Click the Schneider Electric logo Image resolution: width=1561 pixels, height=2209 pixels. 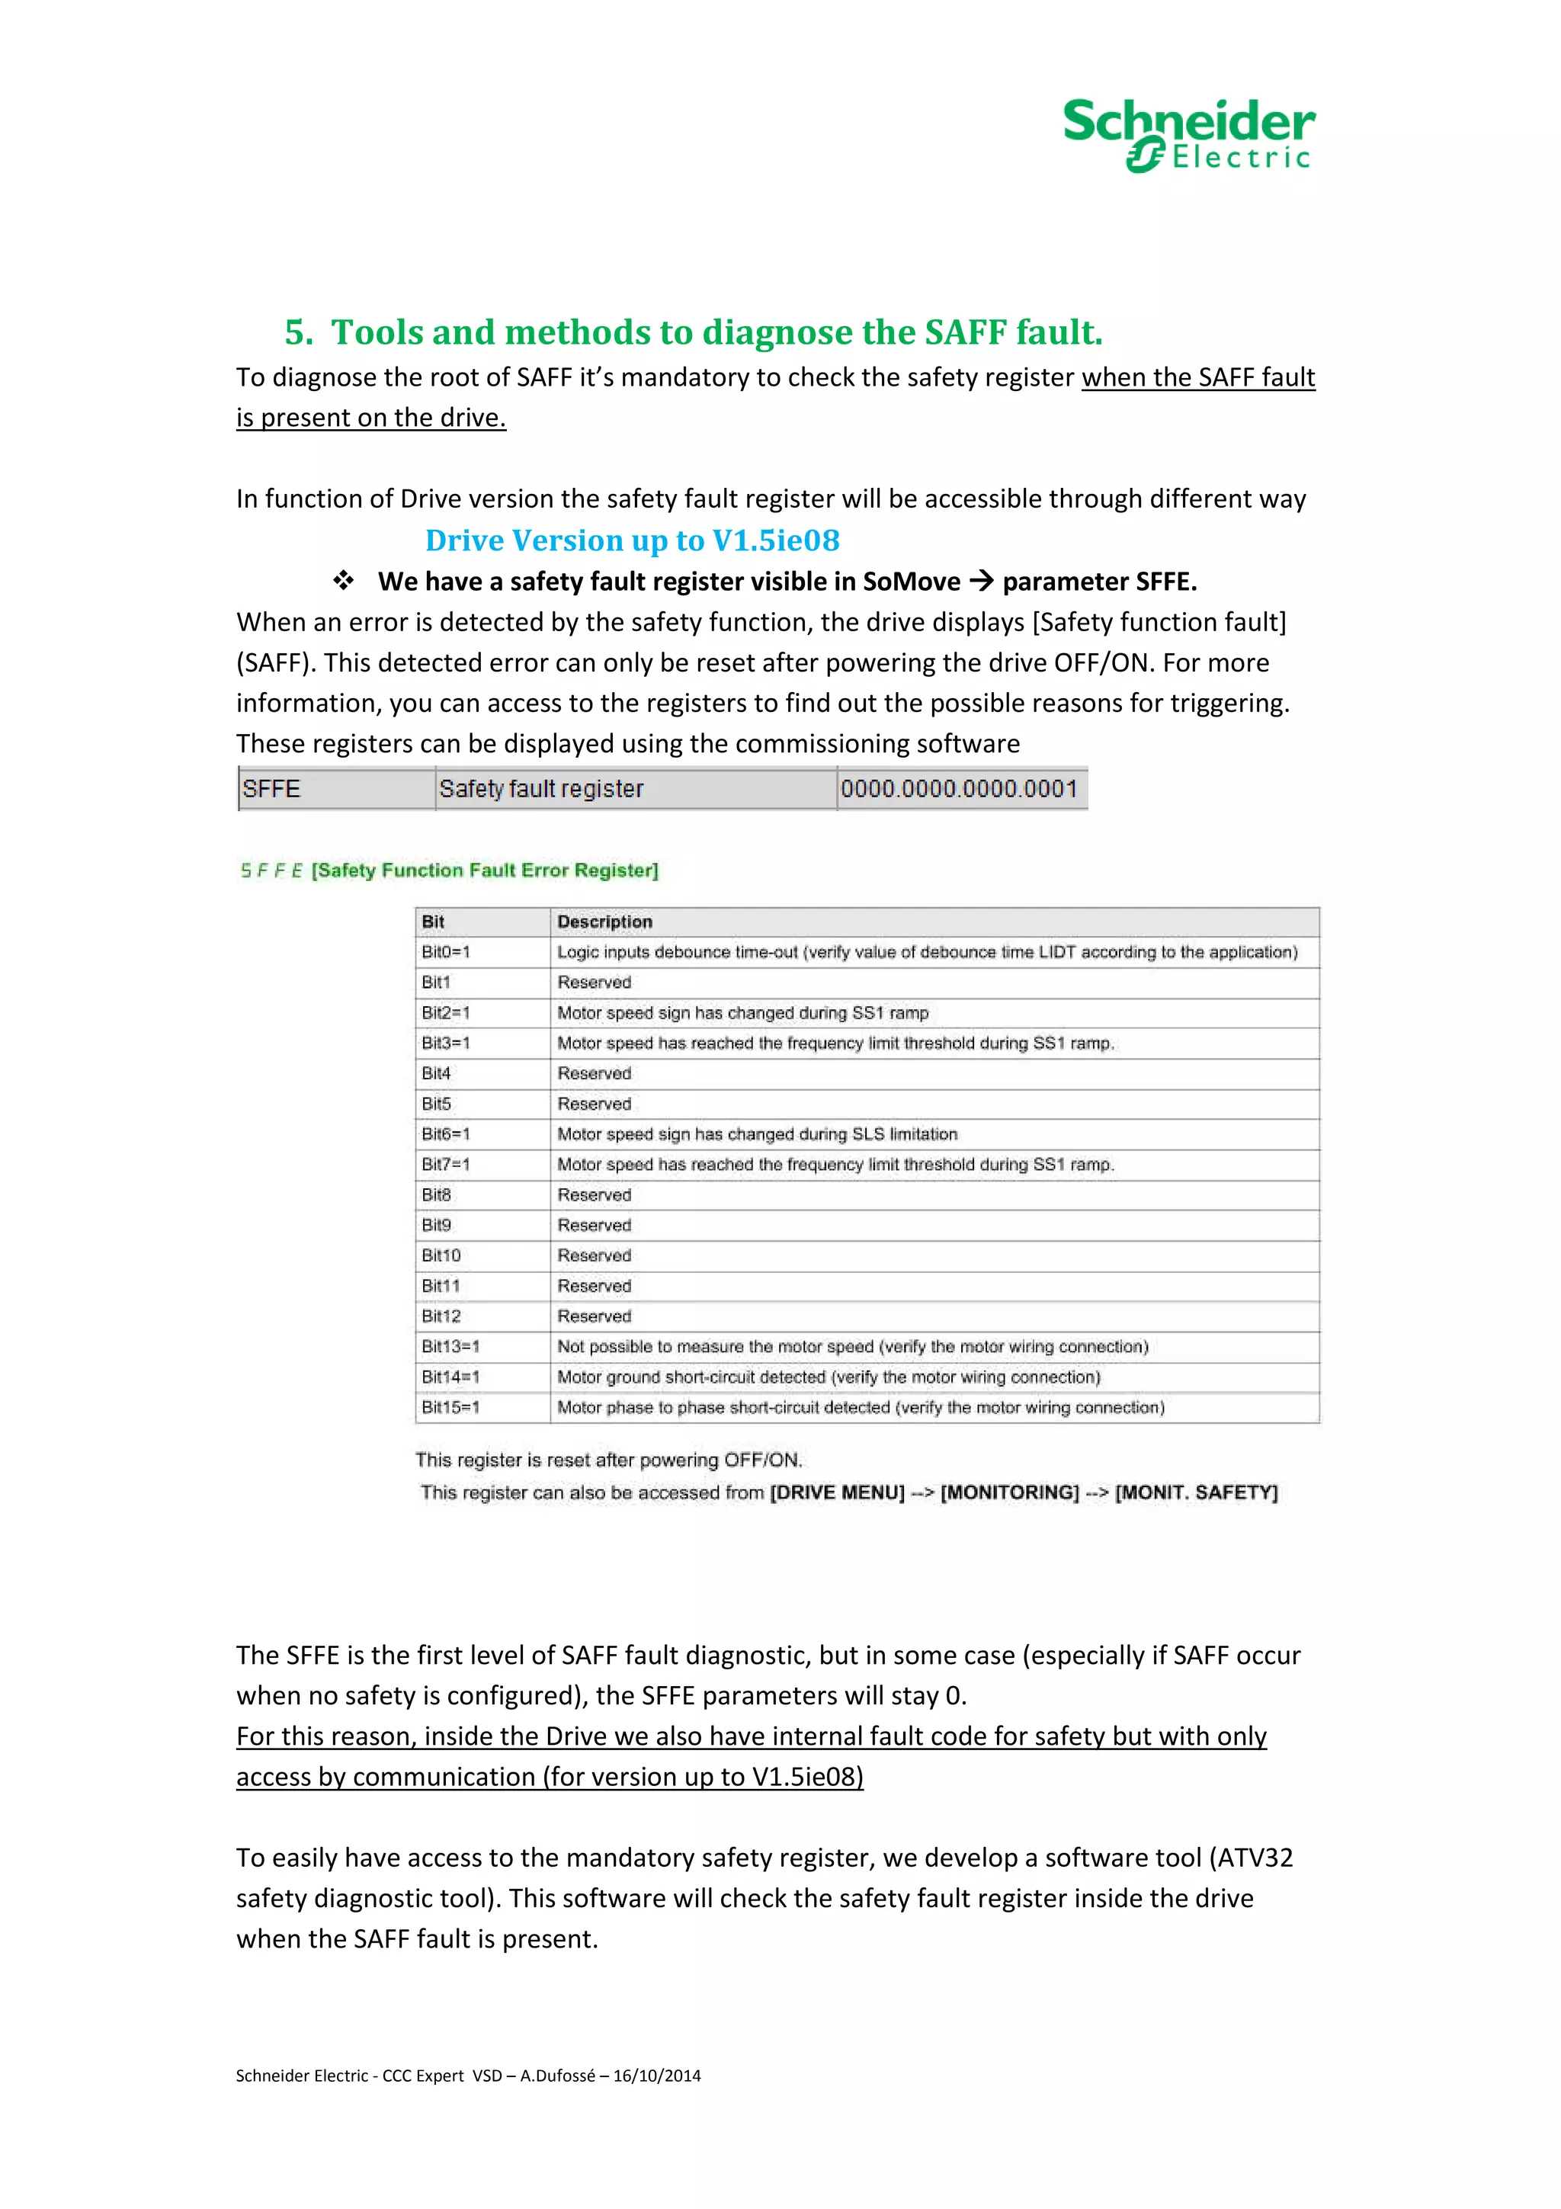(x=1189, y=135)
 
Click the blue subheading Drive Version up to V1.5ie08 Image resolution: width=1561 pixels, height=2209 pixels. (x=632, y=540)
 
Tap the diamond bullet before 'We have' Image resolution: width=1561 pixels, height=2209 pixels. (x=343, y=580)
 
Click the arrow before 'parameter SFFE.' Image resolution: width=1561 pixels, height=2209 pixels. (x=981, y=580)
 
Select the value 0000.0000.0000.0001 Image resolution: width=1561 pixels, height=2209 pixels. (x=958, y=789)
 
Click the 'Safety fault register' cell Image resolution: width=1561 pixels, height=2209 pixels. (x=540, y=789)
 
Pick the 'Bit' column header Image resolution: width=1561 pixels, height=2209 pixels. (x=433, y=922)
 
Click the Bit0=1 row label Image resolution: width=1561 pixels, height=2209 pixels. (x=445, y=951)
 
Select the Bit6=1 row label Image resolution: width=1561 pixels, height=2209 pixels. (x=445, y=1134)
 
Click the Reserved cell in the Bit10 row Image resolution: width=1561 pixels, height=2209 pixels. (x=595, y=1255)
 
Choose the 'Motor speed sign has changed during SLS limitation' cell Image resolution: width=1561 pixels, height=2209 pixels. (x=757, y=1134)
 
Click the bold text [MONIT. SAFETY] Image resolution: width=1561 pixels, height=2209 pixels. (x=1195, y=1492)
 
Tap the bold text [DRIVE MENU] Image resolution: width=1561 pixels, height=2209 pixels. (x=837, y=1492)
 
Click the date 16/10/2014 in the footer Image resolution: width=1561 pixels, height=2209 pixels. (x=657, y=2076)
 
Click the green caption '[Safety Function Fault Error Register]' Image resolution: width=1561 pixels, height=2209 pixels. (x=485, y=870)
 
